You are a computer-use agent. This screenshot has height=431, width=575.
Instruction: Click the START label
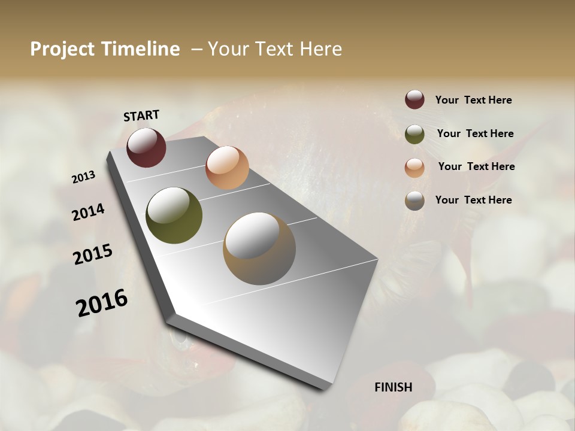(141, 116)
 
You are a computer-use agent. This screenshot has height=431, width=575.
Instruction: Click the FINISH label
(394, 387)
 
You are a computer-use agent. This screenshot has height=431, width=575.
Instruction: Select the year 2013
(84, 177)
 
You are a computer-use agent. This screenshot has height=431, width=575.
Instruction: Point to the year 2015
(93, 254)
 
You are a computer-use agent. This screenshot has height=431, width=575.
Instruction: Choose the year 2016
(102, 302)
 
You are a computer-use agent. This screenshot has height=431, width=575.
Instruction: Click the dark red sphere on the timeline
(146, 147)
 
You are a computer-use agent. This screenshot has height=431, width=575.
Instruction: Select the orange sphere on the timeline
(227, 168)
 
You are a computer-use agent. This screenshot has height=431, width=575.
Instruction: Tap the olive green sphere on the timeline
(174, 215)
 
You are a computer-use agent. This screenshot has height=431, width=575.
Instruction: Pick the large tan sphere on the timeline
(259, 248)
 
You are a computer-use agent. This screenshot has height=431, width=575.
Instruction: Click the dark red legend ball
(414, 99)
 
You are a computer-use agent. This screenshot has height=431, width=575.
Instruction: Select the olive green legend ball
(414, 133)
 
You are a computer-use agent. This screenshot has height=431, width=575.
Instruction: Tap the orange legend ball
(414, 167)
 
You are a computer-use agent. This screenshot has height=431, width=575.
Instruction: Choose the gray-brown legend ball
(414, 201)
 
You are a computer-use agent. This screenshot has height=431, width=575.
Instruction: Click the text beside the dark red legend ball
(473, 100)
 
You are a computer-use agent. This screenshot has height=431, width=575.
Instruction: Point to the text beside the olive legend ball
(475, 133)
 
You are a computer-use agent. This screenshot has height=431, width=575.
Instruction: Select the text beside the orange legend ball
(476, 166)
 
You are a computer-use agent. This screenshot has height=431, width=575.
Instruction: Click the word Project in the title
(63, 49)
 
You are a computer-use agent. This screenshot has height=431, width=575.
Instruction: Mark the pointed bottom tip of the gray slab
(326, 388)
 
